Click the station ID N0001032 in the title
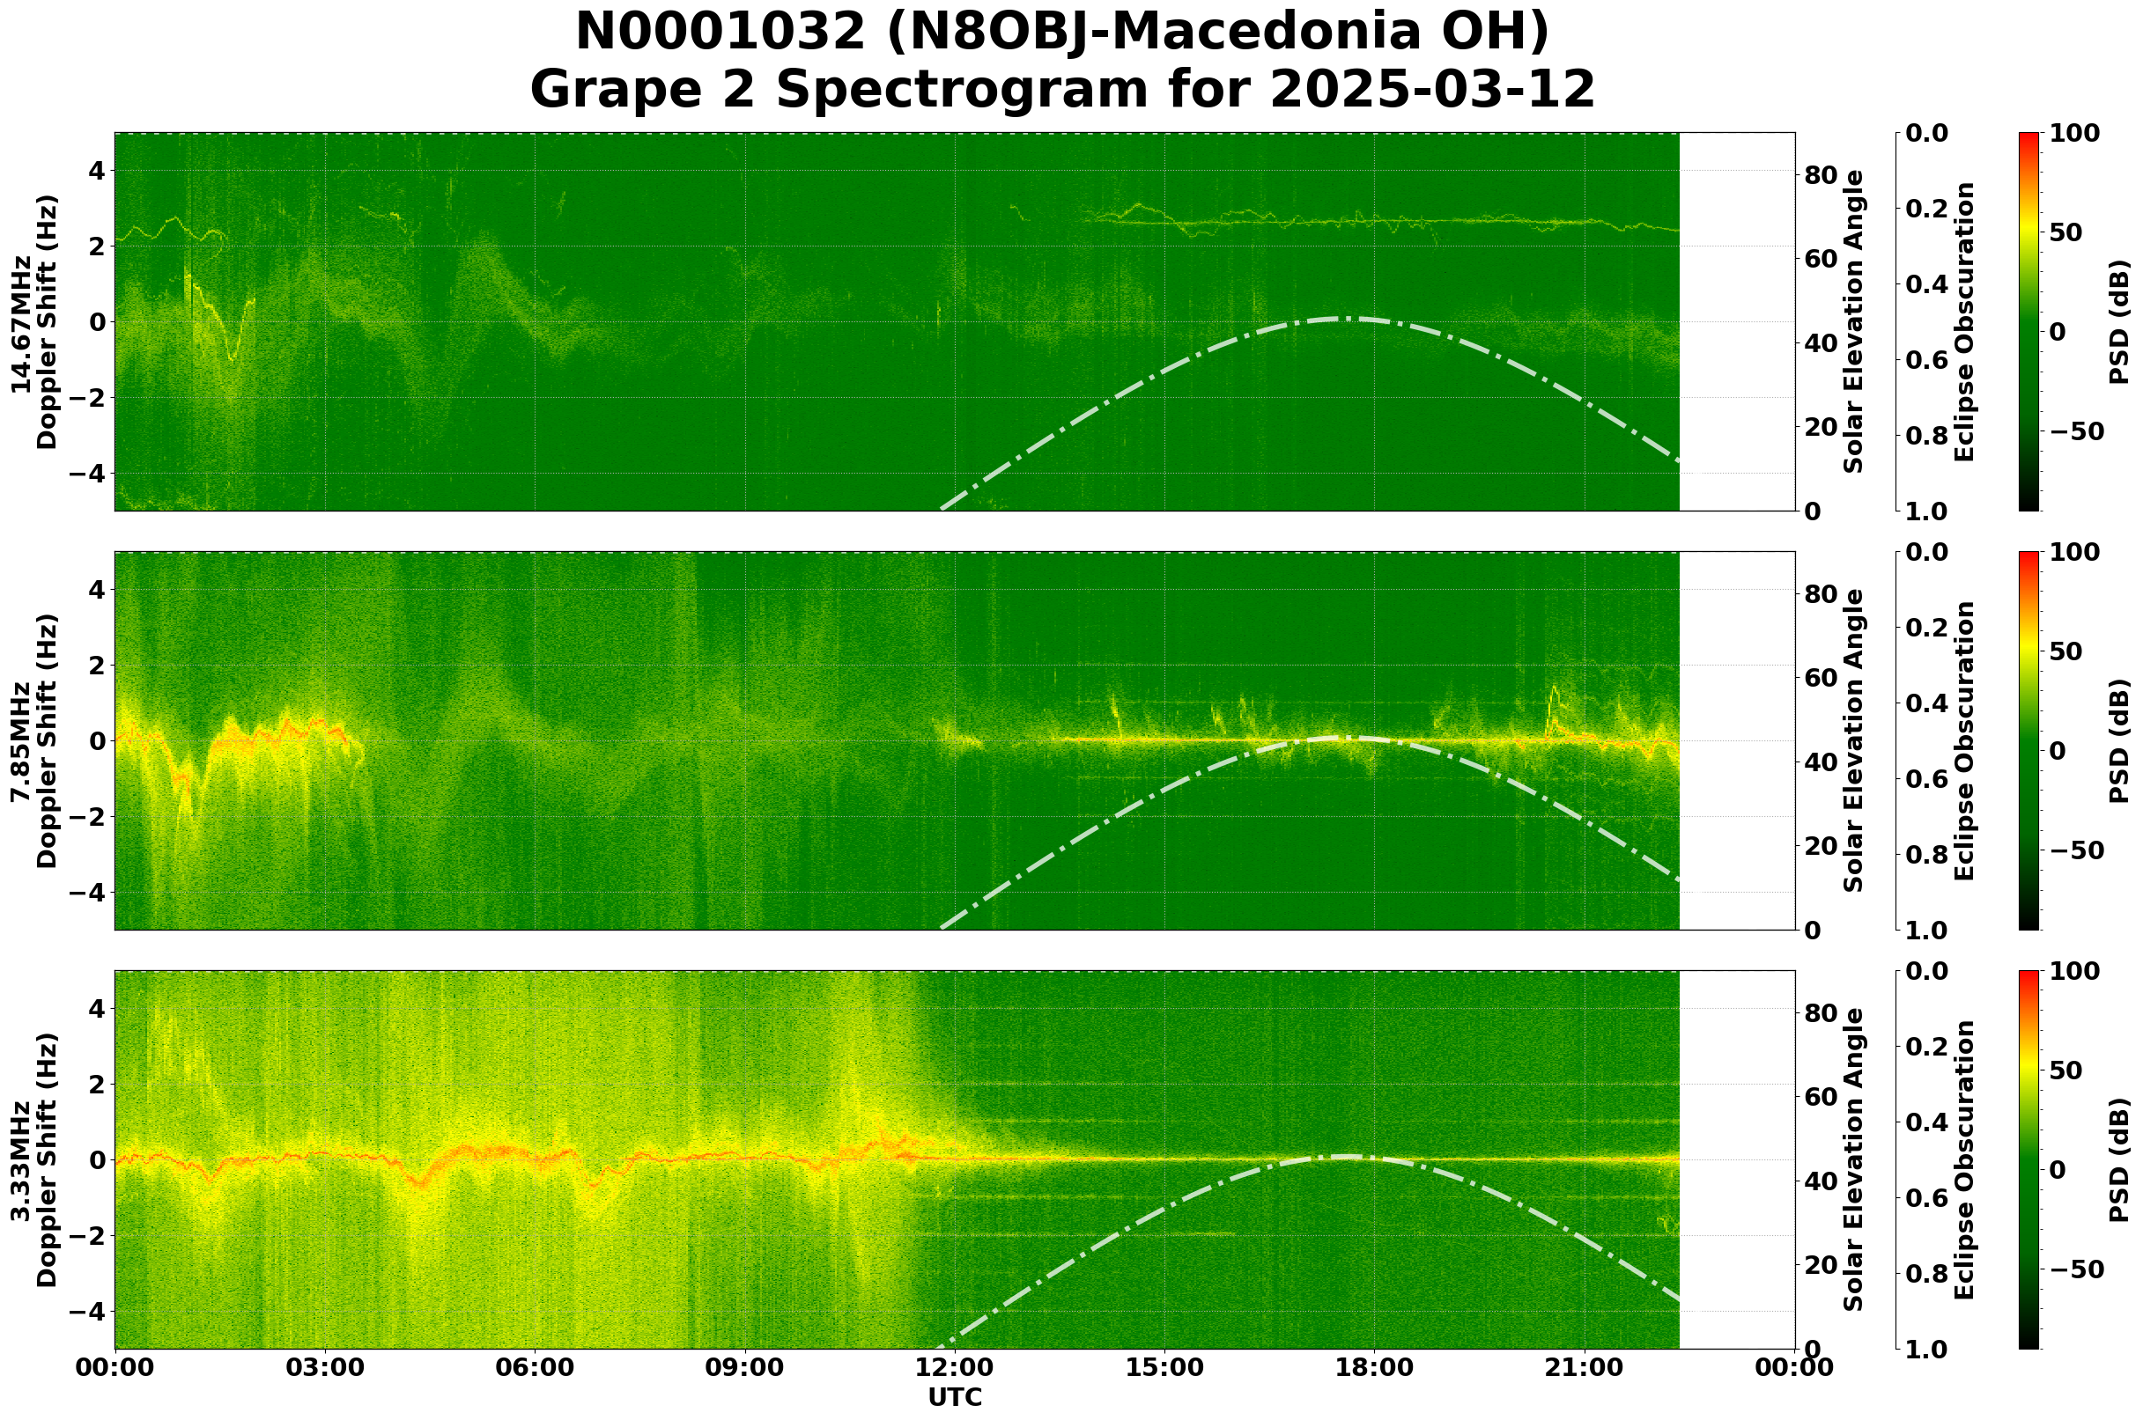pyautogui.click(x=720, y=33)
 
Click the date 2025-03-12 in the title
pyautogui.click(x=1431, y=91)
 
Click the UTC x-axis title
pyautogui.click(x=954, y=1397)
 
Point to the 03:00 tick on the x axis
pyautogui.click(x=324, y=1367)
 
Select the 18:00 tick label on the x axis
pyautogui.click(x=1374, y=1367)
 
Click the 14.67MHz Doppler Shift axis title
pyautogui.click(x=33, y=322)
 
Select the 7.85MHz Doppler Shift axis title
pyautogui.click(x=33, y=740)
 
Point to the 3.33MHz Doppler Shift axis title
pyautogui.click(x=33, y=1159)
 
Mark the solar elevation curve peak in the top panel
pyautogui.click(x=1346, y=318)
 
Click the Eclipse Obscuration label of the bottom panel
pyautogui.click(x=1964, y=1159)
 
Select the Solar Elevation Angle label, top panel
pyautogui.click(x=1854, y=322)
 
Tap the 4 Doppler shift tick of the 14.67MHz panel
pyautogui.click(x=95, y=171)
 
